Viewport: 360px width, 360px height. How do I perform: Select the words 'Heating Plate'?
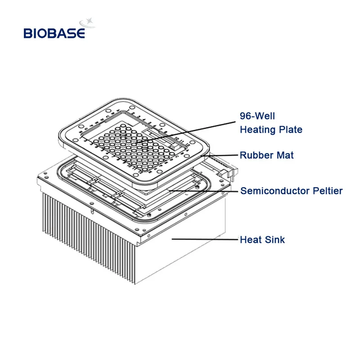(x=271, y=130)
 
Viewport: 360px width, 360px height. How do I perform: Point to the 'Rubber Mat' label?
(x=266, y=155)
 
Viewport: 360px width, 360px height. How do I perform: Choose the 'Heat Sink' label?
(x=262, y=239)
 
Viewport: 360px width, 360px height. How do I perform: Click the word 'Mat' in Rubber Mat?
(x=285, y=155)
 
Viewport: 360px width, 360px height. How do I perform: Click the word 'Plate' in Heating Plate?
(x=291, y=130)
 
